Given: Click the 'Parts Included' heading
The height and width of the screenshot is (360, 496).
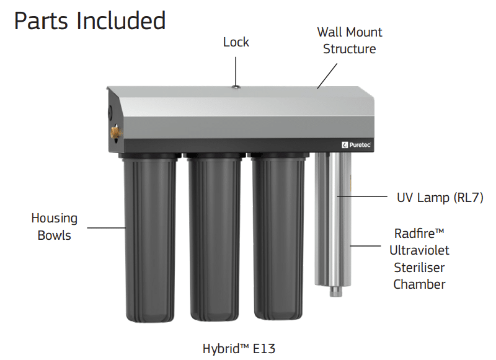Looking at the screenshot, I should pyautogui.click(x=90, y=21).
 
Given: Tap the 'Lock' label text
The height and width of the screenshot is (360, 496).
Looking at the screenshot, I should pyautogui.click(x=236, y=42).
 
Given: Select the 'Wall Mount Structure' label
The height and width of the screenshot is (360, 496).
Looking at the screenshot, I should pyautogui.click(x=350, y=40).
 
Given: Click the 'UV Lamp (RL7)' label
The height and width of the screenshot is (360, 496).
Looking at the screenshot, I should pyautogui.click(x=440, y=198).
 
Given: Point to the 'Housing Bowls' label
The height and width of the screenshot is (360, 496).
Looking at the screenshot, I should pyautogui.click(x=55, y=226).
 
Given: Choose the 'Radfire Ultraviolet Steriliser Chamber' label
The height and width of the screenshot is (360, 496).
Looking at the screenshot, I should pyautogui.click(x=419, y=259).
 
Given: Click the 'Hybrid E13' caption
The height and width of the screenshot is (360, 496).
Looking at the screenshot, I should pyautogui.click(x=242, y=348).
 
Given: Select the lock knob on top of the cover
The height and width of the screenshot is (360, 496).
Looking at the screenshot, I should pyautogui.click(x=236, y=88).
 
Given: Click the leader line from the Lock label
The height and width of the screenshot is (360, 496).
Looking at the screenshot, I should pyautogui.click(x=236, y=68).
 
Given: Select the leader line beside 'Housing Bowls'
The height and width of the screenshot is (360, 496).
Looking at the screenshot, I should pyautogui.click(x=106, y=227).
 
